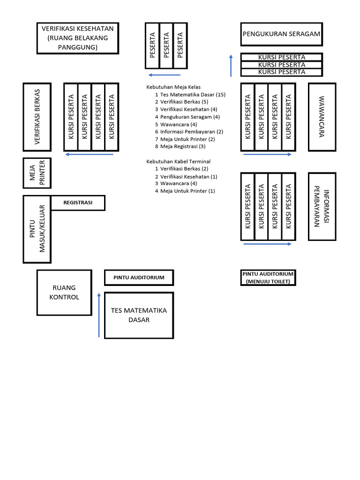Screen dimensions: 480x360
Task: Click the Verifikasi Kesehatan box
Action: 77,38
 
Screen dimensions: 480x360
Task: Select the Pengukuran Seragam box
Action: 281,34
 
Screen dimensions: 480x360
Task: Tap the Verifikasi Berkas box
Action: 37,117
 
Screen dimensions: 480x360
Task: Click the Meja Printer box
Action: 37,173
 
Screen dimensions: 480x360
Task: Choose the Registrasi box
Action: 78,203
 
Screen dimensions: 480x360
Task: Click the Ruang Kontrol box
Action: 64,292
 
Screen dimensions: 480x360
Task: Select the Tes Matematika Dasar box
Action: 139,315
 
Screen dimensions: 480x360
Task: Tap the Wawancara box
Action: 322,117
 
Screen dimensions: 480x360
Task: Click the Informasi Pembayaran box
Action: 322,206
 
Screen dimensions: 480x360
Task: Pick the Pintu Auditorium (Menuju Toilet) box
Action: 268,277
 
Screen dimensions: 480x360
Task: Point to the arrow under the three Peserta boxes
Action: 164,75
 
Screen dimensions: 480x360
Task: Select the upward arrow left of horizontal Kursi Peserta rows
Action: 231,65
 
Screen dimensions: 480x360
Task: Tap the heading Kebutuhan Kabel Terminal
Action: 179,161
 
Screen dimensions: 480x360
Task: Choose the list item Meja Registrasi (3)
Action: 183,147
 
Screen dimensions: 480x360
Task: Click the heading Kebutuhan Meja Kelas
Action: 173,87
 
